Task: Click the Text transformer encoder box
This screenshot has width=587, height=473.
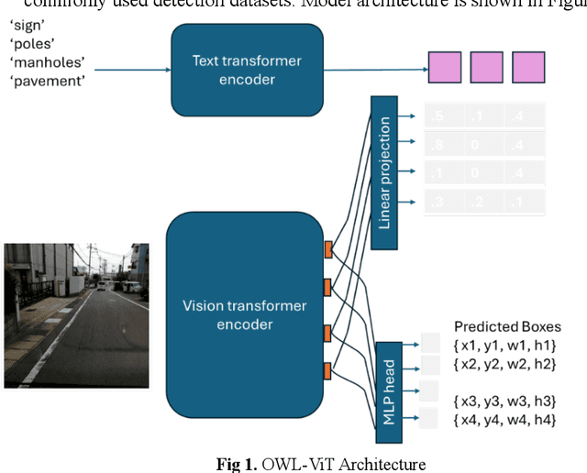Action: tap(247, 70)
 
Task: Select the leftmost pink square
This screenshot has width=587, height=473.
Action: tap(446, 69)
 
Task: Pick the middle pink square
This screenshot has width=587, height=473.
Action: tap(487, 69)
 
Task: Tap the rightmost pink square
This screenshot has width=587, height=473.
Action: tap(528, 69)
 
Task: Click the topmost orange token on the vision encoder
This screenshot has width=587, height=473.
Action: tap(327, 248)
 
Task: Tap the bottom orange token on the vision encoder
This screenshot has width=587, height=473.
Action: tap(327, 369)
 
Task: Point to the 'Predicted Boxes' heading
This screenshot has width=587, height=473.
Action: tap(507, 326)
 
